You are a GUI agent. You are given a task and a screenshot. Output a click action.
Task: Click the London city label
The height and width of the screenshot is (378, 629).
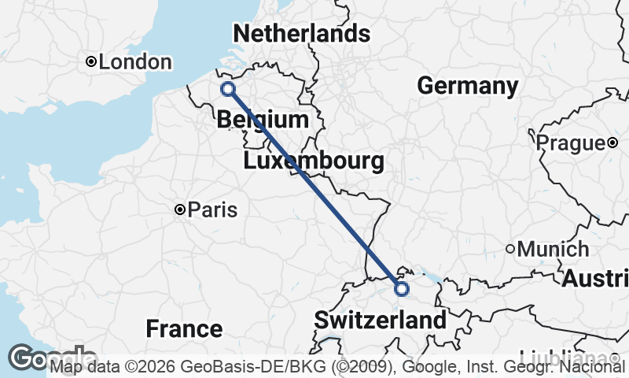135,62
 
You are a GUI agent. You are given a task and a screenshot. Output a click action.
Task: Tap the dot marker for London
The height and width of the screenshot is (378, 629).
91,61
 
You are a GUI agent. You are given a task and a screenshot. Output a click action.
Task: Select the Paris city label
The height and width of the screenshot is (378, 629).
212,210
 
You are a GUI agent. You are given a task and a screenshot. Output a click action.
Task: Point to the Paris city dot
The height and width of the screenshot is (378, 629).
180,209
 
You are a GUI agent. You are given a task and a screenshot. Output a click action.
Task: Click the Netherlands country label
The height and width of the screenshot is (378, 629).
301,34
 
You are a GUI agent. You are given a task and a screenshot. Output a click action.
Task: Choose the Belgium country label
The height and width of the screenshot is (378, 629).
262,120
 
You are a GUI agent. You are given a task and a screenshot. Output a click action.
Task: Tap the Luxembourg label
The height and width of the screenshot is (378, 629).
314,162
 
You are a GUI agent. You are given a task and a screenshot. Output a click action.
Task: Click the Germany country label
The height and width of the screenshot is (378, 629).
467,86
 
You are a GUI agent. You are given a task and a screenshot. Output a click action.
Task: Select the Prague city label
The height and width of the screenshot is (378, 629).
568,143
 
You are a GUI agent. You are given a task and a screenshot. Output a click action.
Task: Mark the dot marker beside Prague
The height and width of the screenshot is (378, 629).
612,143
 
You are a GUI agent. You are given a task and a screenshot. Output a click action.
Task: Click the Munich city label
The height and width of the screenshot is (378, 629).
553,250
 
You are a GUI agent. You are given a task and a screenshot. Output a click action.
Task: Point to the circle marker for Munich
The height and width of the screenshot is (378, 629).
510,249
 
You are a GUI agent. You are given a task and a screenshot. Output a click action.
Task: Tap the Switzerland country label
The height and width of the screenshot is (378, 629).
380,321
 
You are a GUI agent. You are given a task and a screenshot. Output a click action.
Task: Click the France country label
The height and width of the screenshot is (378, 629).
185,328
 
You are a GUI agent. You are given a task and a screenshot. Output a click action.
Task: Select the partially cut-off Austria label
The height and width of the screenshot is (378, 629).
595,278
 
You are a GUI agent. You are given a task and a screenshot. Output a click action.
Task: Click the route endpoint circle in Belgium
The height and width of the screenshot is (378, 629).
228,89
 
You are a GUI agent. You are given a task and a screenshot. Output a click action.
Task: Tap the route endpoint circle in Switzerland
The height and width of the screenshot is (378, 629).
402,289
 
